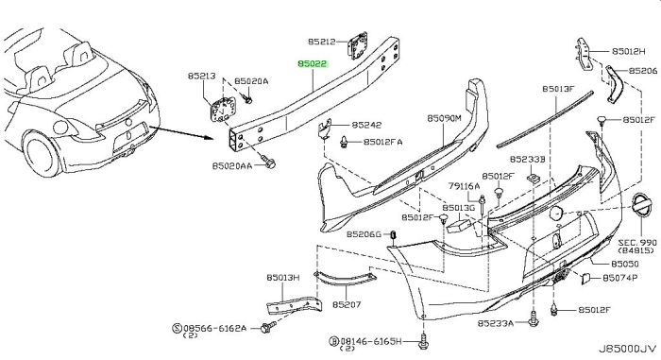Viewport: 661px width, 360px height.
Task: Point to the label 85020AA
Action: (x=230, y=166)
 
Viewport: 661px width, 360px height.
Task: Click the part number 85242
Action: (x=366, y=125)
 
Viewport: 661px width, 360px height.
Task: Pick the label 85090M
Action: (x=443, y=119)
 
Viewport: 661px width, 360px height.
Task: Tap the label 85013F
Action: (x=557, y=88)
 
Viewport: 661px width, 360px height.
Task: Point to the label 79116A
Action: (x=464, y=186)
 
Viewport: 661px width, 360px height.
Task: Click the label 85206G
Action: (x=363, y=234)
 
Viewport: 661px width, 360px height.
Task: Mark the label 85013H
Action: (x=282, y=278)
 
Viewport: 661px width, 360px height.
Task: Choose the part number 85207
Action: (x=346, y=305)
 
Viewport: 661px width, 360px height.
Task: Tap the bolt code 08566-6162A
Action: (x=214, y=328)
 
